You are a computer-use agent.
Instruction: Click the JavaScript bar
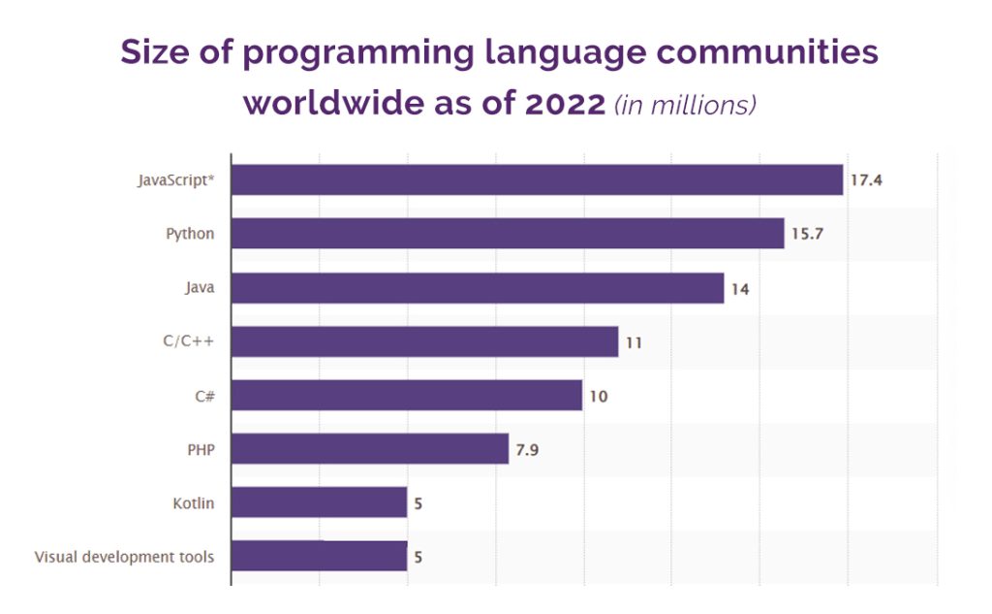537,179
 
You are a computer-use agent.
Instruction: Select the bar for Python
508,234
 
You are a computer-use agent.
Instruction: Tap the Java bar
478,288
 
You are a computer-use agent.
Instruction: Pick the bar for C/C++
424,341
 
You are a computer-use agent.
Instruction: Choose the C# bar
407,395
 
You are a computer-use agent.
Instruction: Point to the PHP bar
370,449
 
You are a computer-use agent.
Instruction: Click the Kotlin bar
320,502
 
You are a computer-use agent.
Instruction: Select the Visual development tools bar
320,557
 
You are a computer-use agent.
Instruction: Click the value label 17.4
867,180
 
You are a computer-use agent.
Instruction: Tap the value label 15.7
807,234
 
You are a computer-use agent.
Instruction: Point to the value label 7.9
527,449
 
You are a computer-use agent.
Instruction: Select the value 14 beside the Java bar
741,288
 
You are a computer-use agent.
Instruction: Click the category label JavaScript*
175,180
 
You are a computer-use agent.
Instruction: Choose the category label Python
190,234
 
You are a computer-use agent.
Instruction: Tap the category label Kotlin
194,502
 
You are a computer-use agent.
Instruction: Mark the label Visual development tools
125,557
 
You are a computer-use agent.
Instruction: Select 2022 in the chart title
565,104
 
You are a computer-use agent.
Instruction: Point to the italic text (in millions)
686,105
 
